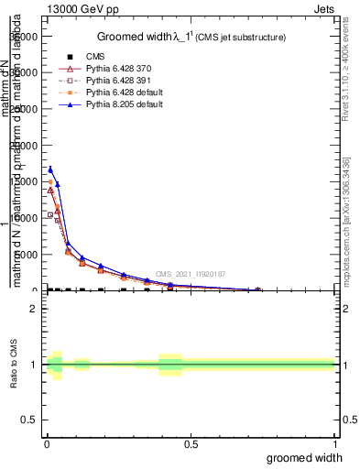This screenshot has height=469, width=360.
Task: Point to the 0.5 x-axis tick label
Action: click(x=191, y=442)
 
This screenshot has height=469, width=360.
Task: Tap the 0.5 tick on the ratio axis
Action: click(x=28, y=420)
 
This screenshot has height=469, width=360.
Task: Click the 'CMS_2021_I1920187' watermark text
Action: click(x=190, y=274)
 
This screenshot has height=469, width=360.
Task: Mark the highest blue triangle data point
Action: click(x=50, y=169)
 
